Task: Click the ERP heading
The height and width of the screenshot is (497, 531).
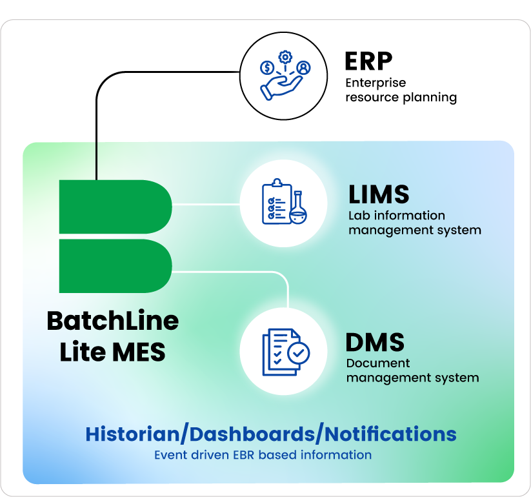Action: click(368, 62)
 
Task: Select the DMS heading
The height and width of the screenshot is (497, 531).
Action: click(375, 342)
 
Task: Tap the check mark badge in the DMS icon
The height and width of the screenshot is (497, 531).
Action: click(298, 352)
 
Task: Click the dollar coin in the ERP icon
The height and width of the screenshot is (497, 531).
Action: click(266, 67)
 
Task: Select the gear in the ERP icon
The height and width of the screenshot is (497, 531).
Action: click(285, 57)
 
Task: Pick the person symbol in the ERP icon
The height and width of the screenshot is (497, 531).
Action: click(303, 67)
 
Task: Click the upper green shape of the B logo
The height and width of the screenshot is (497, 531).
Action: click(115, 207)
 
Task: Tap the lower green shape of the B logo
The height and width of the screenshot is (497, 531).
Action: click(115, 266)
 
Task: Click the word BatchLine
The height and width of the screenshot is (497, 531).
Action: click(113, 321)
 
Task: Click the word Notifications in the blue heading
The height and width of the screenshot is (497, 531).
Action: click(388, 434)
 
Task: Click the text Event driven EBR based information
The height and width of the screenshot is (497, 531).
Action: click(263, 455)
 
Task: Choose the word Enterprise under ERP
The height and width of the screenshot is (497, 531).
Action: click(376, 83)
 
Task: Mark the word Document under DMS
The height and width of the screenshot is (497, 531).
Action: click(378, 363)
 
